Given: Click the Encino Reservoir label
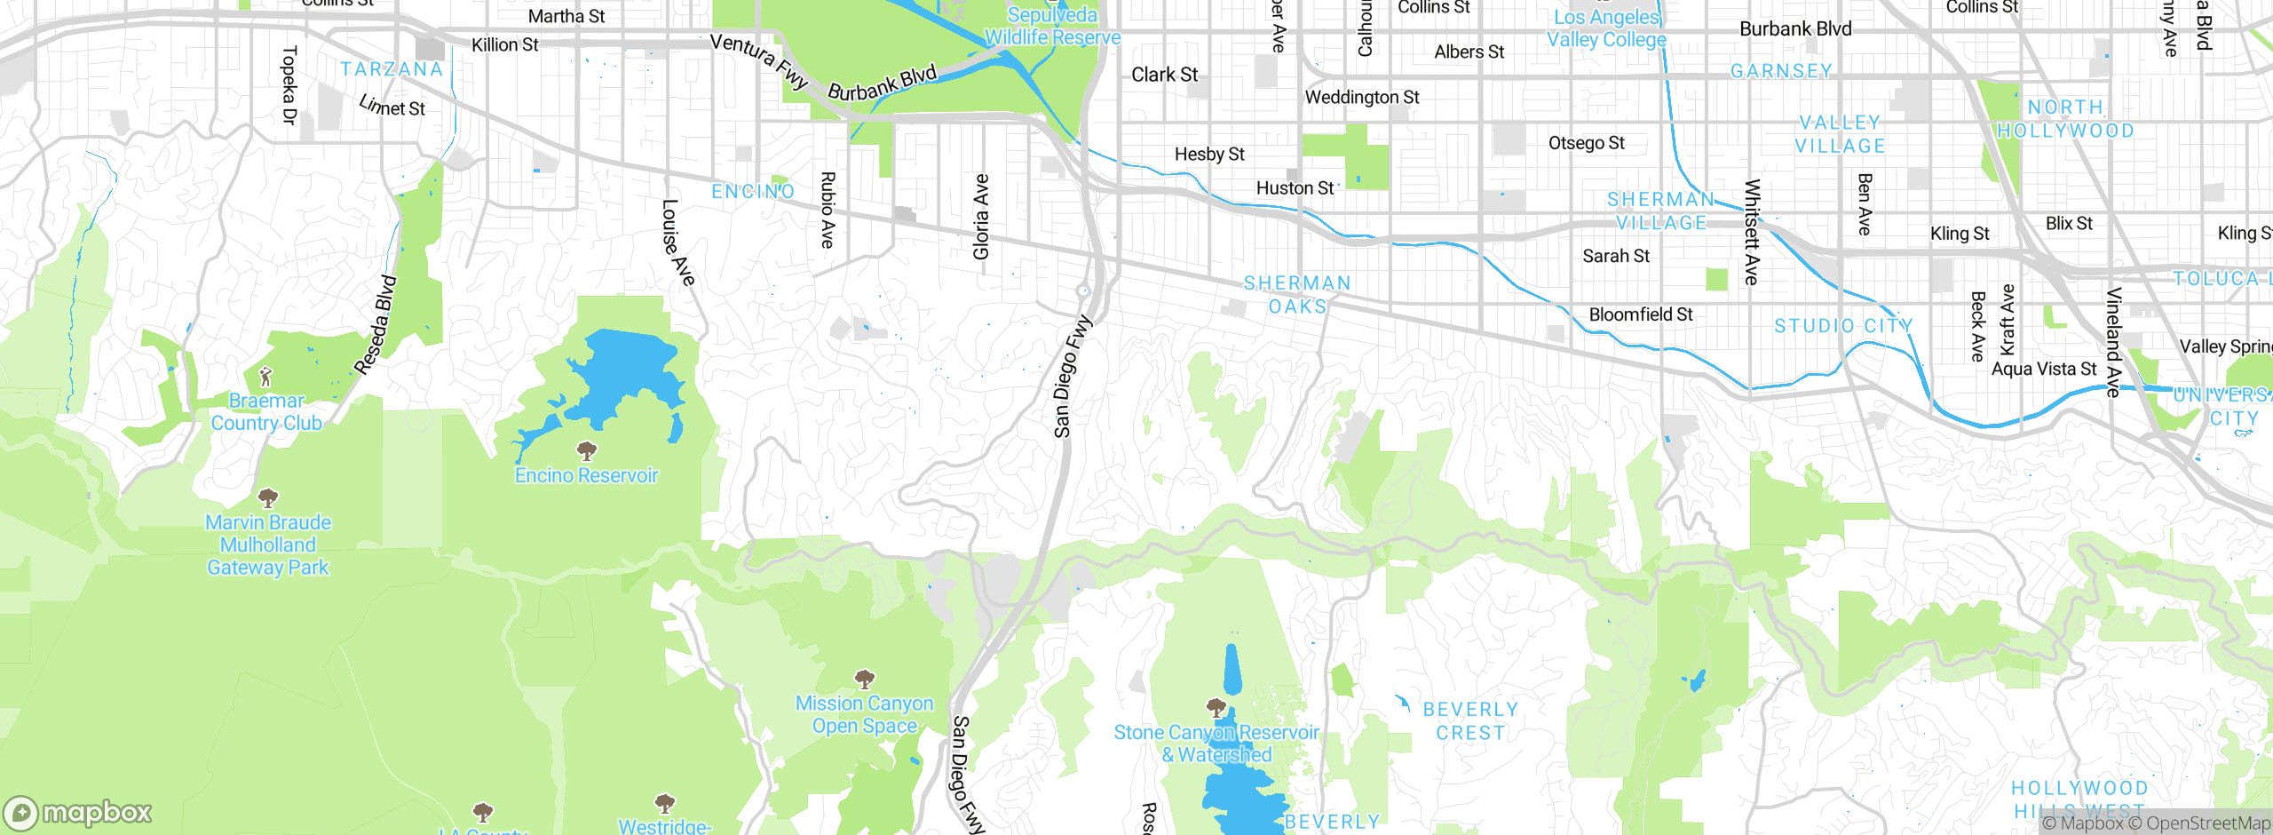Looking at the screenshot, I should [586, 475].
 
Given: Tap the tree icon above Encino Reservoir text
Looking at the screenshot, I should [586, 450].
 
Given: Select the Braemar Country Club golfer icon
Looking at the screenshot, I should [265, 377].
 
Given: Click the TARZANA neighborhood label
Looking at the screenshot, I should [392, 69].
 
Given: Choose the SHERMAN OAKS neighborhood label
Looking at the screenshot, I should [1297, 294].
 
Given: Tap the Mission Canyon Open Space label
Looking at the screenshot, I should [864, 714].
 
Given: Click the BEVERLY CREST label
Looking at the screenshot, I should [1470, 720].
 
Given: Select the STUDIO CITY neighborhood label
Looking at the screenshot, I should [1843, 326].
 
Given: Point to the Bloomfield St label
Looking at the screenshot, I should [1641, 314].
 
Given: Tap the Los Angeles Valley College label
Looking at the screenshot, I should [1606, 28].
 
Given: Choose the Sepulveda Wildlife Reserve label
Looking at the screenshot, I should [1052, 27].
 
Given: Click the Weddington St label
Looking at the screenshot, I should [1362, 97].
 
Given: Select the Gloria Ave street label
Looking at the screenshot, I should [981, 217].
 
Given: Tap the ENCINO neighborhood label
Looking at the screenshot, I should [753, 191].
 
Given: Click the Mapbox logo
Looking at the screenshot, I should [78, 812].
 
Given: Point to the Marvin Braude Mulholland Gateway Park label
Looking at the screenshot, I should [268, 545].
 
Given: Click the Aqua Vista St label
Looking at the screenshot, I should [2044, 369].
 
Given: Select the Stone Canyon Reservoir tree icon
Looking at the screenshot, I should [1216, 707].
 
